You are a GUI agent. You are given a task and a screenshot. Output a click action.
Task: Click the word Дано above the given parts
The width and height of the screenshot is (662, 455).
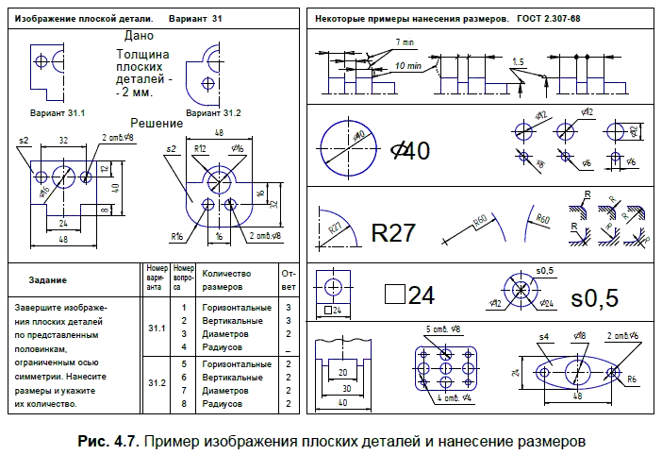tap(139, 36)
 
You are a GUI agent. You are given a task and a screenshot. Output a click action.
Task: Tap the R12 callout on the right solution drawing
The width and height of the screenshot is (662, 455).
tap(200, 149)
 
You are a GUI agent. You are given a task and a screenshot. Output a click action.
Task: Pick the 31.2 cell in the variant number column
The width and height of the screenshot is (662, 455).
tap(157, 383)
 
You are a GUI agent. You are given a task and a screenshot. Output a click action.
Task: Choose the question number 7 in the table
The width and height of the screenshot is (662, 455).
tap(183, 390)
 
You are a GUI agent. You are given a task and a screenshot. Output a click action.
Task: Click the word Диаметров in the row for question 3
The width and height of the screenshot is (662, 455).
tap(223, 333)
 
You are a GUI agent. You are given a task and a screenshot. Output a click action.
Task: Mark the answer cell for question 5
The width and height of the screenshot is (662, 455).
tap(288, 363)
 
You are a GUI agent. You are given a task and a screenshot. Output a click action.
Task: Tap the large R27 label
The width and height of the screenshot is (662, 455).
tap(393, 233)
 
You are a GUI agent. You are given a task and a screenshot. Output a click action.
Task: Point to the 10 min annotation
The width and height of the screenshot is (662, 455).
tap(408, 67)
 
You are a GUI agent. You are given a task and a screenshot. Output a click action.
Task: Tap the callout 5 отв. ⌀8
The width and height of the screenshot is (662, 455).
tap(442, 329)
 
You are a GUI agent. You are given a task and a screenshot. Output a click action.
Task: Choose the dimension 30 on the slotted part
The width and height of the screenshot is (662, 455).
tap(344, 388)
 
